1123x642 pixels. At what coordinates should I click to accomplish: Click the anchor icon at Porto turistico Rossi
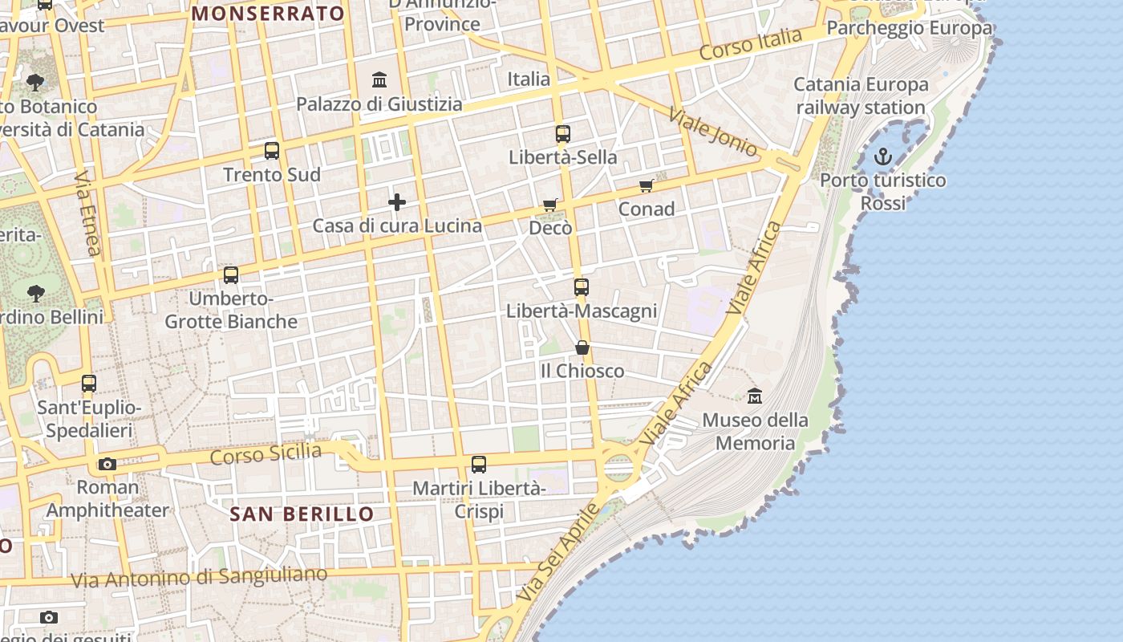(x=883, y=156)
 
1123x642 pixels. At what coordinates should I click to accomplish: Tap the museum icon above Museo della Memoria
(x=755, y=396)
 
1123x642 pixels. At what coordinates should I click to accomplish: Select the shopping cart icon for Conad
(x=647, y=186)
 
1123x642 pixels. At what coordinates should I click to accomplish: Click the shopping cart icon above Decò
(x=550, y=205)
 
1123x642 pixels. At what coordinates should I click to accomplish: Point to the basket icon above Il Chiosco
(x=582, y=347)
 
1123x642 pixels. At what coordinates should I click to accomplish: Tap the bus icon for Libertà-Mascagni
(x=582, y=287)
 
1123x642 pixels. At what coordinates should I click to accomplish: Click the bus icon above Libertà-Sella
(x=563, y=134)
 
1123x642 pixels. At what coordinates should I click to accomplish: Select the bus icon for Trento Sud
(x=272, y=151)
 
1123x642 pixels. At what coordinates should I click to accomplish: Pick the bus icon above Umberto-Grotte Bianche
(x=231, y=275)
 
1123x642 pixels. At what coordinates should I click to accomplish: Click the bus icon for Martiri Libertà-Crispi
(x=479, y=465)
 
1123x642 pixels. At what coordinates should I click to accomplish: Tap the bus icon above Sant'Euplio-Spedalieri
(x=89, y=384)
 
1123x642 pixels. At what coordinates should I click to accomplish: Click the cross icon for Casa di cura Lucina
(x=397, y=202)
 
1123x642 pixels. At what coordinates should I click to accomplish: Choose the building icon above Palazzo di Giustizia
(x=379, y=80)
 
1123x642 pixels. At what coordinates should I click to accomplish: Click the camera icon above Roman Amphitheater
(x=107, y=464)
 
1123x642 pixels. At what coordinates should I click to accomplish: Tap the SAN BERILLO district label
(x=302, y=514)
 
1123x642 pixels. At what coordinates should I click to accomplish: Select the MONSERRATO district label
(x=268, y=13)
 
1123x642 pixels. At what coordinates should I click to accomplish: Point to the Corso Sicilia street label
(x=266, y=454)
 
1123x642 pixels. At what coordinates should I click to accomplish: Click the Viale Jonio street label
(x=713, y=132)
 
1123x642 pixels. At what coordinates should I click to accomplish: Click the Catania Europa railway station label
(x=861, y=95)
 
